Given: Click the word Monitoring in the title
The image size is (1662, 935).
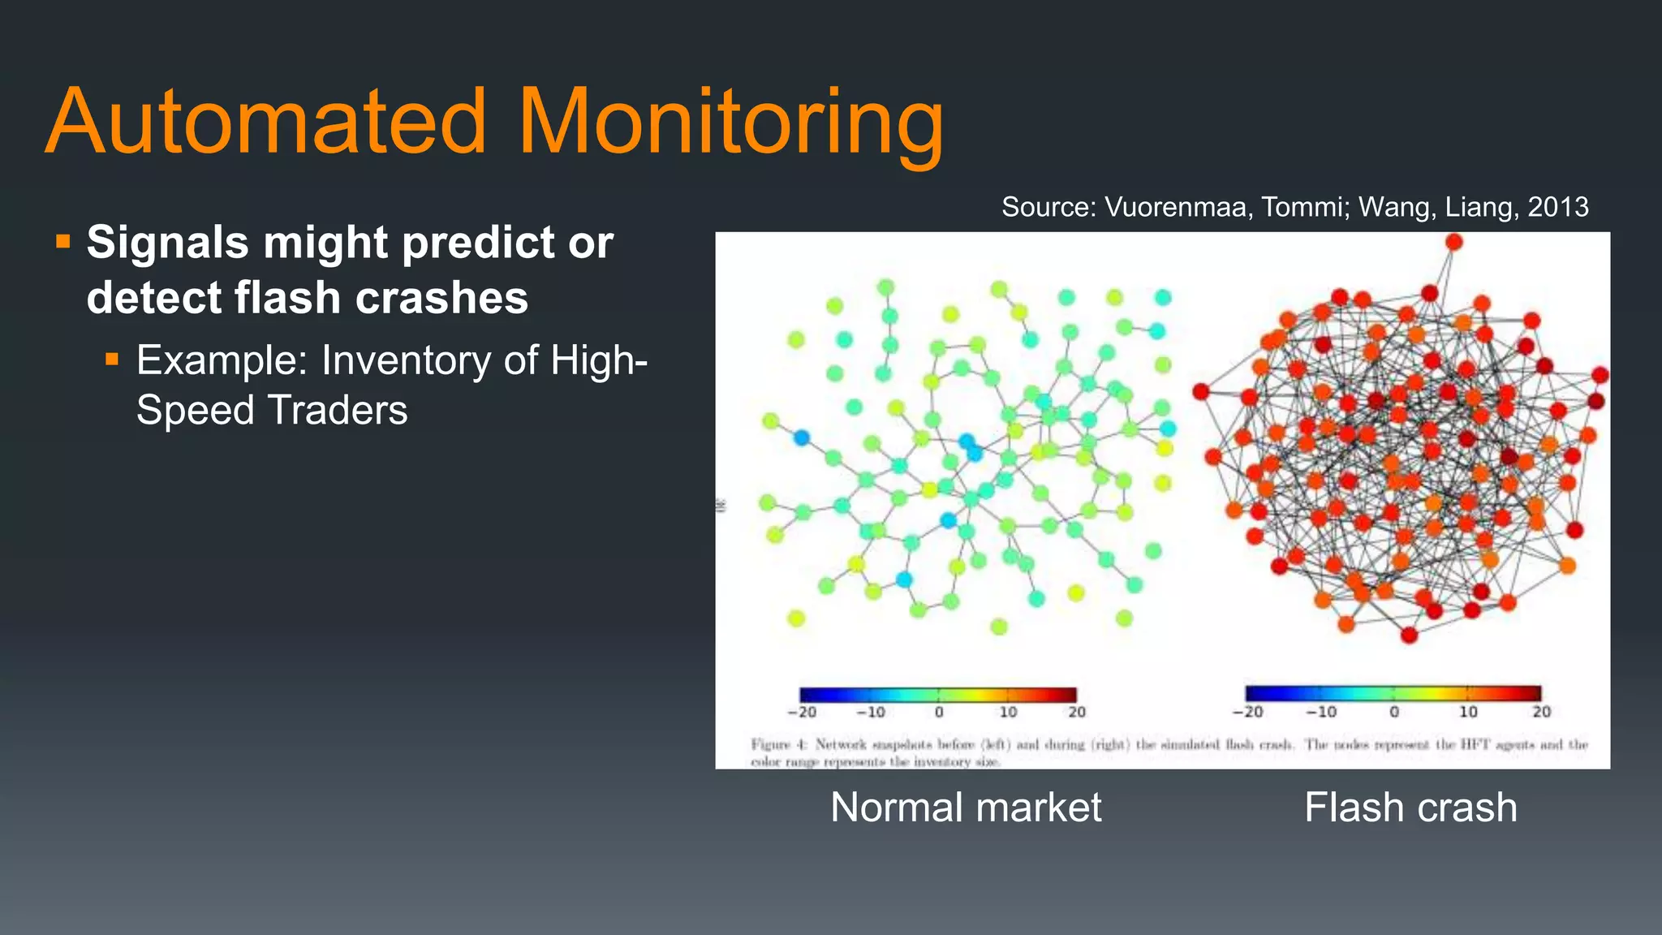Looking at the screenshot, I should [x=730, y=123].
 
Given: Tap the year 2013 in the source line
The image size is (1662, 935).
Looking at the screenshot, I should [x=1557, y=207].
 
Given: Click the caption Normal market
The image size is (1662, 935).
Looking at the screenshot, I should [x=966, y=808].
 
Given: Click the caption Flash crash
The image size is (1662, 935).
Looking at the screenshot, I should [x=1410, y=808].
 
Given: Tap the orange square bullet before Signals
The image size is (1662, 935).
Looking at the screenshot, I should [x=63, y=241].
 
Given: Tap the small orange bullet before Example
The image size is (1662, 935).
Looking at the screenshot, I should [x=112, y=358].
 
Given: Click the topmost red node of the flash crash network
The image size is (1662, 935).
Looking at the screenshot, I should [x=1453, y=242].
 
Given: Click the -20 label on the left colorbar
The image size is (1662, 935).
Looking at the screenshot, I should [x=801, y=713].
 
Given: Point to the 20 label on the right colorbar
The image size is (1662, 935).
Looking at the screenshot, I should [x=1541, y=712].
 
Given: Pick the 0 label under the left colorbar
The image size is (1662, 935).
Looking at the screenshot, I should [x=939, y=713].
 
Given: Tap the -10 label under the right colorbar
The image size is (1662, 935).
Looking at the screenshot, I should [x=1320, y=712].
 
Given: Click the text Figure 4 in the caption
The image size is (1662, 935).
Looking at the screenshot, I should [x=779, y=744].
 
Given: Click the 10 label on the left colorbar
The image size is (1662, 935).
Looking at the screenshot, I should [x=1008, y=713].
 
